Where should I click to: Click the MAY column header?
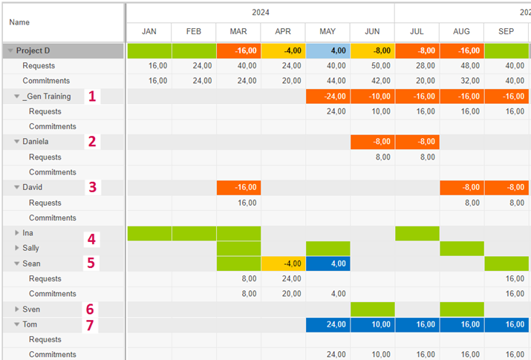[x=328, y=32]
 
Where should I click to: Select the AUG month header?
[x=461, y=32]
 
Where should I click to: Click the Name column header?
[x=19, y=22]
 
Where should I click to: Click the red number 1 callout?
[x=92, y=96]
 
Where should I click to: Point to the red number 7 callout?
[x=91, y=324]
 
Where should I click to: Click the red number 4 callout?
[x=91, y=239]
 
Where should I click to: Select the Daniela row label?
[x=37, y=142]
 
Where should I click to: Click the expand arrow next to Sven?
[x=17, y=309]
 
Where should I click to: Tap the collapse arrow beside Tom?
[x=17, y=324]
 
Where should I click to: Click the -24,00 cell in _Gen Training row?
[x=328, y=96]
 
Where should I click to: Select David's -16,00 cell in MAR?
[x=238, y=187]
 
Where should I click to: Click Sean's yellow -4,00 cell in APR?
[x=283, y=264]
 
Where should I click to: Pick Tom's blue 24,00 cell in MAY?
[x=328, y=324]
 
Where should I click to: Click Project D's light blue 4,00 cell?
[x=328, y=50]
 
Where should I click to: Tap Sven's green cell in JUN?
[x=372, y=309]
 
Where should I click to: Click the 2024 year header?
[x=260, y=13]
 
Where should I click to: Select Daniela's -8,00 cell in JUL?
[x=417, y=142]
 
